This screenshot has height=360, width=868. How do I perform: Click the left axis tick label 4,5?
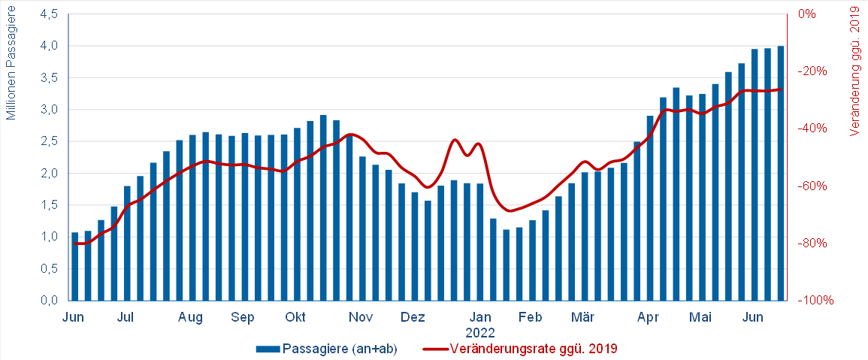[50, 14]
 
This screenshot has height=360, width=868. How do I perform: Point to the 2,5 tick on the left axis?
[50, 141]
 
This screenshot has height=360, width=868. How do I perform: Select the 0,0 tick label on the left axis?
[50, 301]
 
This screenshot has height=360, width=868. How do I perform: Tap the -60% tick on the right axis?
[815, 186]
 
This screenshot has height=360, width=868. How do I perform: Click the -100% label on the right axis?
[818, 301]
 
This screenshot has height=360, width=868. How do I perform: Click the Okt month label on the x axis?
[295, 318]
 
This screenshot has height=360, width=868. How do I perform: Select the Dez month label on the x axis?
[413, 318]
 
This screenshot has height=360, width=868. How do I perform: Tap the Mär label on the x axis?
[582, 318]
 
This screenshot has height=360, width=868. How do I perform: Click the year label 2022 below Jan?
[479, 331]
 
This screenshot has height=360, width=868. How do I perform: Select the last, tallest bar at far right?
[781, 173]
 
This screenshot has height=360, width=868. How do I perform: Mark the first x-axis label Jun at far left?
[73, 318]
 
